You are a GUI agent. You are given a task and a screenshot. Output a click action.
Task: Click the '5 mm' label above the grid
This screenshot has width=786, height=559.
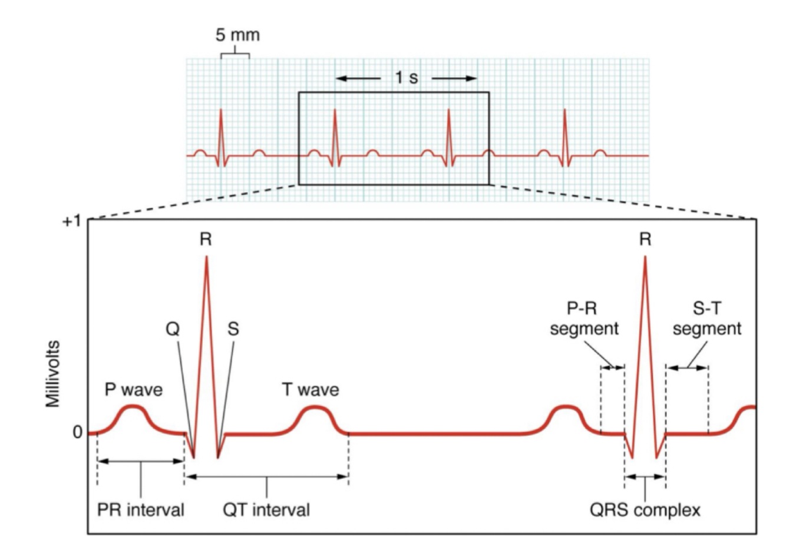[237, 35]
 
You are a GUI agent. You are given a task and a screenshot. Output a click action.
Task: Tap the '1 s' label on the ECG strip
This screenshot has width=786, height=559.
[406, 77]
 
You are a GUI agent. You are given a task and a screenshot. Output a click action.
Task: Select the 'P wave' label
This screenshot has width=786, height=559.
[134, 390]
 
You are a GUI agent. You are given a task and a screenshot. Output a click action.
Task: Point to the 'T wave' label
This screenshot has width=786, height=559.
[310, 390]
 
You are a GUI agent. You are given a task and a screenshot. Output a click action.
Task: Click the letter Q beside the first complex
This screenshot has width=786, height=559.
[172, 330]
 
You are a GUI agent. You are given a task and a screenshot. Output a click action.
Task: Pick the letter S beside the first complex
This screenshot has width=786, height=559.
[233, 330]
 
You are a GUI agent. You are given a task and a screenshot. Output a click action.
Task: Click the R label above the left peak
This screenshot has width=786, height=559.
[206, 239]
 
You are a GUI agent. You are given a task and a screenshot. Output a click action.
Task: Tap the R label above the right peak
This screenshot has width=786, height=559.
[645, 239]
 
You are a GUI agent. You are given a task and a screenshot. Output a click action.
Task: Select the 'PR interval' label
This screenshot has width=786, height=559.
[140, 509]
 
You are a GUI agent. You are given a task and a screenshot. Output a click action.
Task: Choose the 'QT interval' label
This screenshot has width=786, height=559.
[266, 509]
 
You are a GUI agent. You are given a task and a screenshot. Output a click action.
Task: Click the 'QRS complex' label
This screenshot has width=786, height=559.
[645, 509]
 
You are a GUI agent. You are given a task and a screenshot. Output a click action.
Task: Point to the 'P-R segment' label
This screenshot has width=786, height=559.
[584, 319]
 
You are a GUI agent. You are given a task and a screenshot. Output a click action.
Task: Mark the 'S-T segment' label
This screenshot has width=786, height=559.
[706, 319]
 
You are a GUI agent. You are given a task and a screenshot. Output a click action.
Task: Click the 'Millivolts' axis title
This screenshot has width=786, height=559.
[54, 373]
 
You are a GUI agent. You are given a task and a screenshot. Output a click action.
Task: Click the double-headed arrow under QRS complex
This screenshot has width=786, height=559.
[645, 477]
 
